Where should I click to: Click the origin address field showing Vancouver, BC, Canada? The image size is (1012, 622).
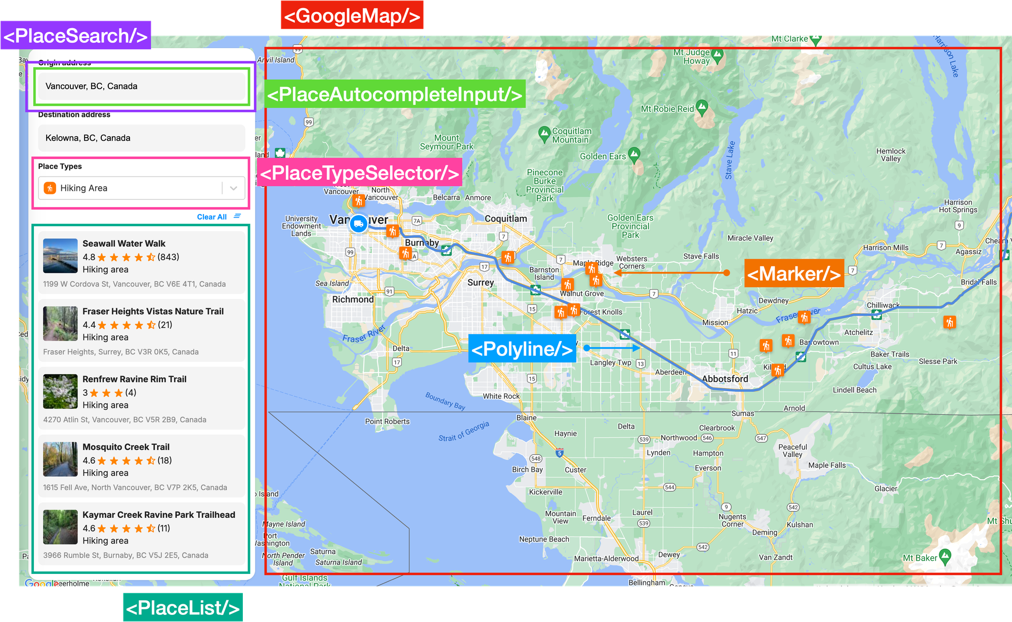141,86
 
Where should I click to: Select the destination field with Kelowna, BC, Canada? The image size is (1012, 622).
141,138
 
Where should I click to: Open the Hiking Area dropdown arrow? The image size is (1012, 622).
234,188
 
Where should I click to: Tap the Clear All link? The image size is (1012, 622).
212,217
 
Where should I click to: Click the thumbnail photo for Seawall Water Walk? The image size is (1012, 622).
60,256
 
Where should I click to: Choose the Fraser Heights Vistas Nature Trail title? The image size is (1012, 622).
153,312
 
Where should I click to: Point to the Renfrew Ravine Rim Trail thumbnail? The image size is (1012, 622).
60,392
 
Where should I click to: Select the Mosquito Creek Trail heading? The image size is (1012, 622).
126,447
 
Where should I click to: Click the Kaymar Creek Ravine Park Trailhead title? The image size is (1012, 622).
159,515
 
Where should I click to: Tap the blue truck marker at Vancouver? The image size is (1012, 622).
359,223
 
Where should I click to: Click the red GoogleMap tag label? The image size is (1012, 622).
352,16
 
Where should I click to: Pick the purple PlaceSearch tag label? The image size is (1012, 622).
76,36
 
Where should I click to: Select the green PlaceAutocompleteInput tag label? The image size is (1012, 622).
395,94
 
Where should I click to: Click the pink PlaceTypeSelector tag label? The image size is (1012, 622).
360,173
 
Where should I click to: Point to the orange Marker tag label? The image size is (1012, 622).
794,274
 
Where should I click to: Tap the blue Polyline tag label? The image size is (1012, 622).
522,349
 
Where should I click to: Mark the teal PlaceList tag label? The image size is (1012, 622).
183,607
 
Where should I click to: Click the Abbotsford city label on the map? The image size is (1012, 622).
725,379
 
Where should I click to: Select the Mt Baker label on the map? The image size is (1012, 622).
920,558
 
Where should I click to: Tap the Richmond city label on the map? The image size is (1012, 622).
353,300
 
